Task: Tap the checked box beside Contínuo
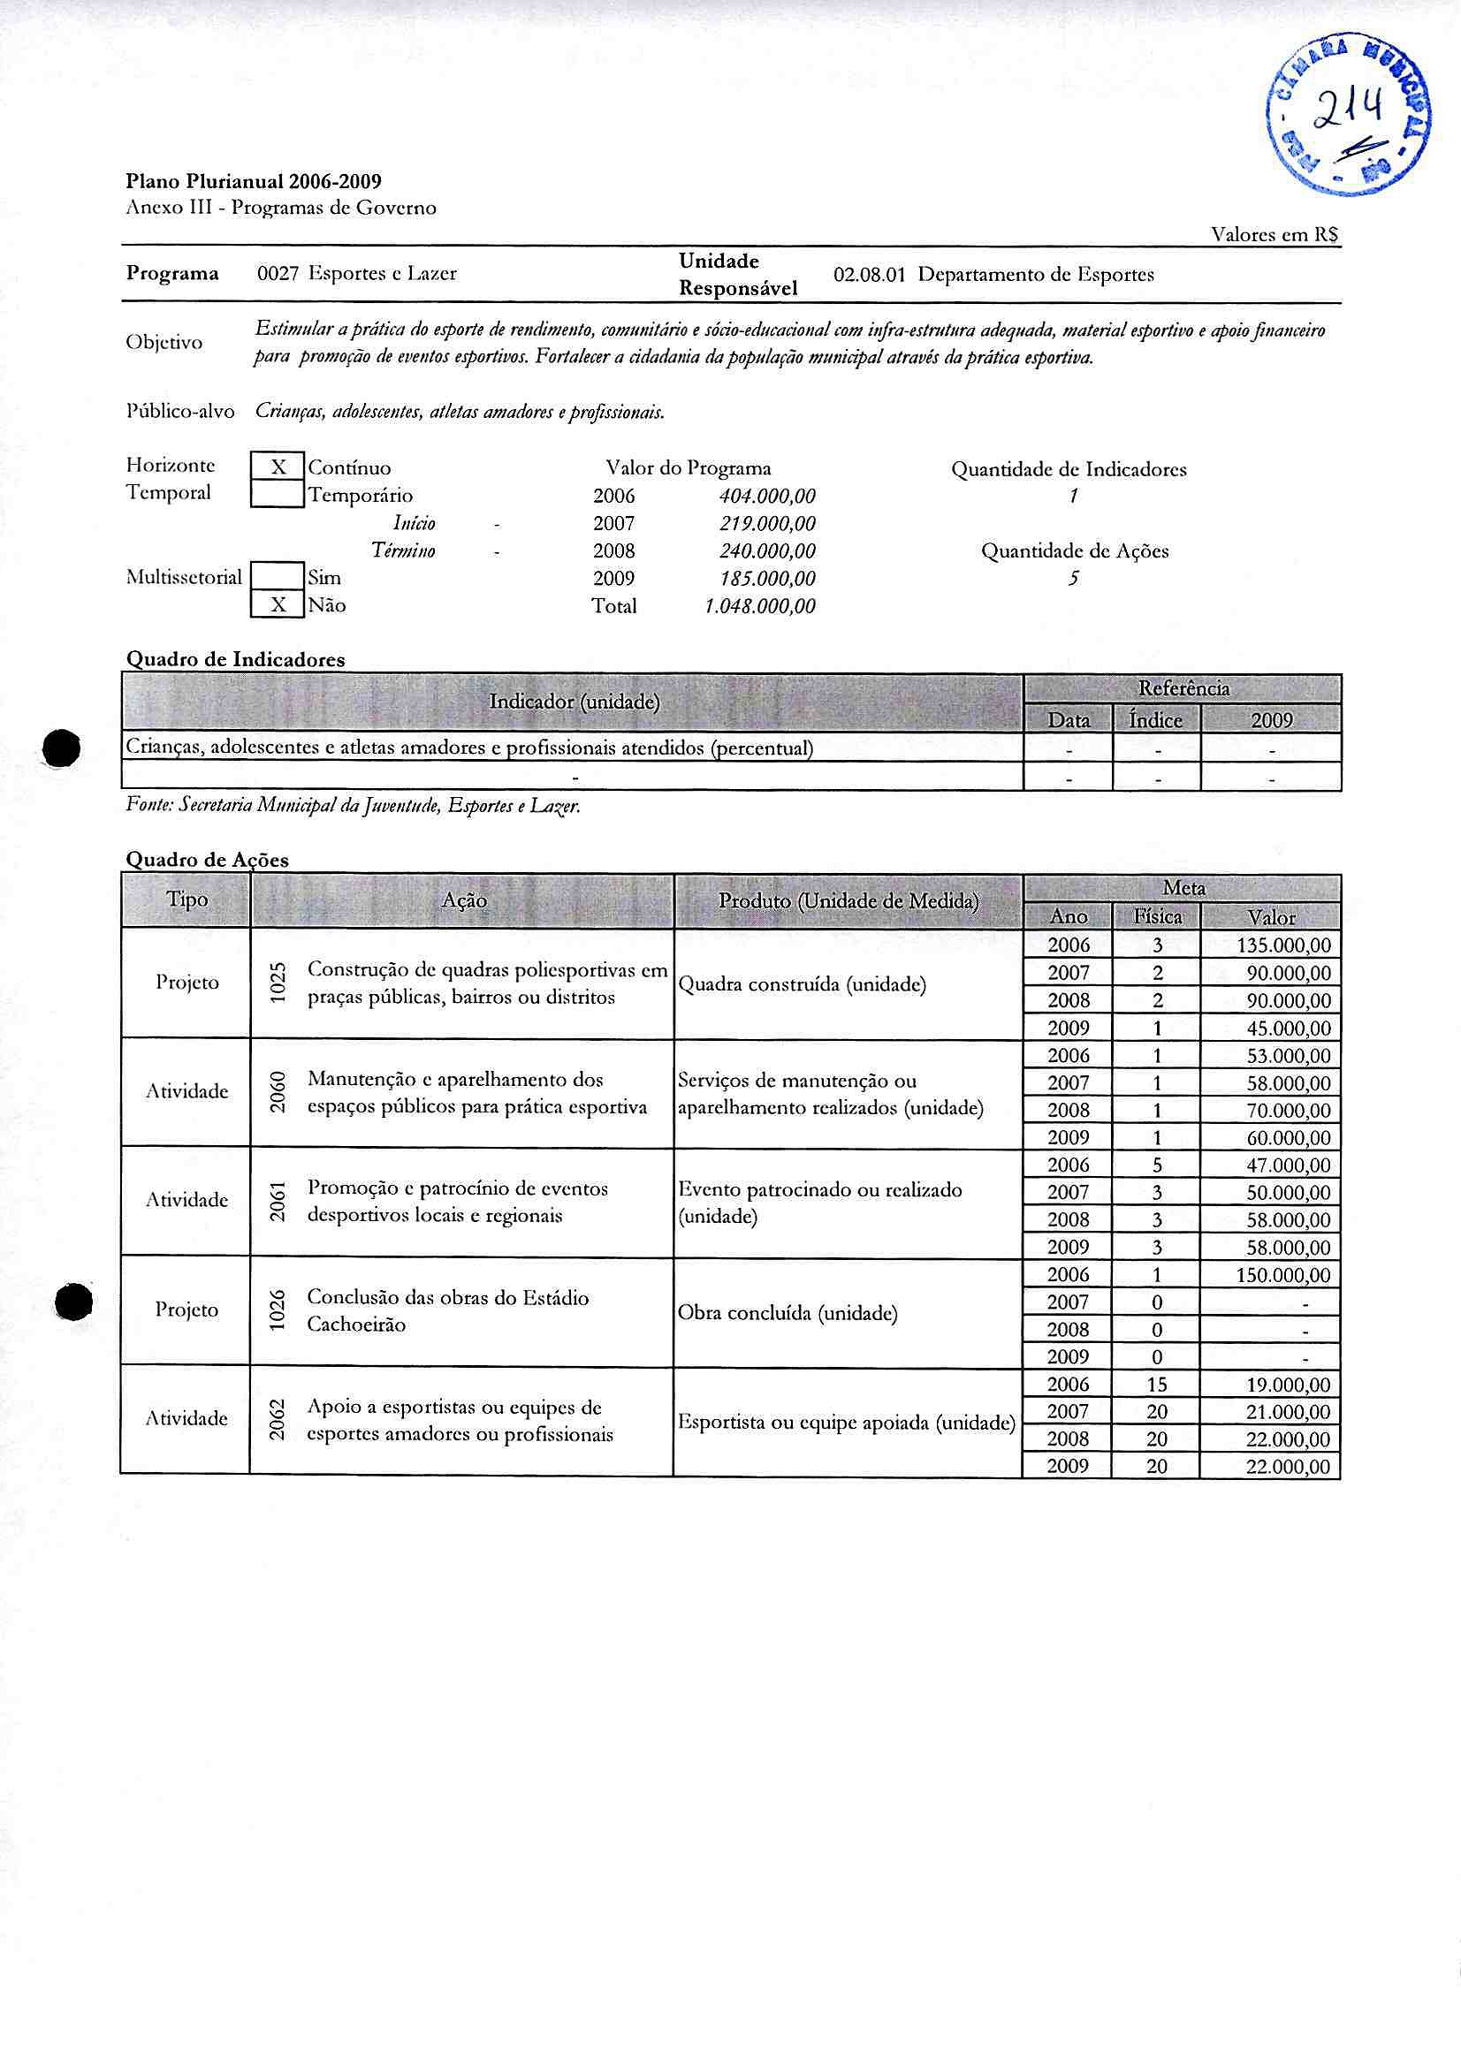(278, 467)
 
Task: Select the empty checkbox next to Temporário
(278, 495)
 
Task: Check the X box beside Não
(278, 604)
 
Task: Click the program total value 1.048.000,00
(759, 606)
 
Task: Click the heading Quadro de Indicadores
(235, 659)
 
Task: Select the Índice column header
(1156, 719)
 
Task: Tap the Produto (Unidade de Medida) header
(848, 901)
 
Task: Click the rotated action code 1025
(278, 983)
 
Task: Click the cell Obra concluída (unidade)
(788, 1314)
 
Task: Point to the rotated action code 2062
(278, 1418)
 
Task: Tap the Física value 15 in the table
(1157, 1385)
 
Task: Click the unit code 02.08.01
(868, 275)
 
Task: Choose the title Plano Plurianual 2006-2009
(254, 181)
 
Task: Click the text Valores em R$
(1274, 235)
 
